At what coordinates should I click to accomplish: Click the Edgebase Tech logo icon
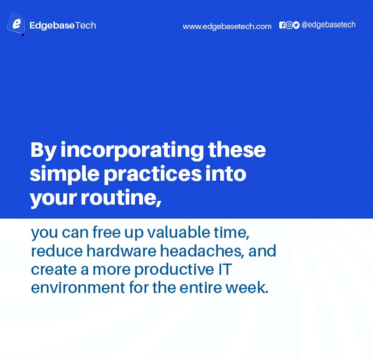[16, 24]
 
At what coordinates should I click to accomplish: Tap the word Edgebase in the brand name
[52, 26]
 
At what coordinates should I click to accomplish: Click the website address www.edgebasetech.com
[227, 26]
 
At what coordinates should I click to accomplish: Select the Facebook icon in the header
[282, 25]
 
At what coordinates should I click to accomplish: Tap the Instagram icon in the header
[289, 25]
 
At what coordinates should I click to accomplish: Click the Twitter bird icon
[296, 25]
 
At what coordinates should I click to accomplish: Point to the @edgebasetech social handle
[328, 25]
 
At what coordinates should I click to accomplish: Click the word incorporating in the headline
[133, 151]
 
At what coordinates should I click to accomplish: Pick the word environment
[75, 287]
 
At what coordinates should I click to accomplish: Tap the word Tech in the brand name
[86, 26]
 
